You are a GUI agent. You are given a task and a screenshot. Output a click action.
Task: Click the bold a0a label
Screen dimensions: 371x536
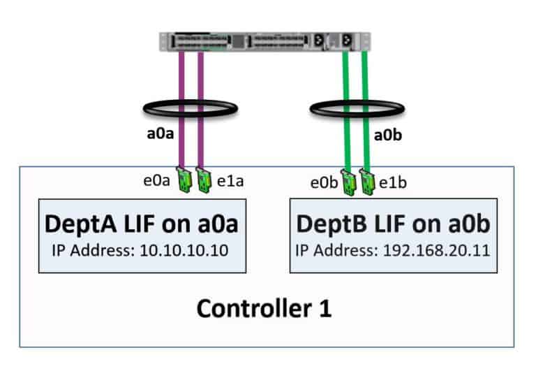[x=160, y=135]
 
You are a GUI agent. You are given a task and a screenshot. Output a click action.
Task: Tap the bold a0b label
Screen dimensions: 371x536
[x=388, y=136]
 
